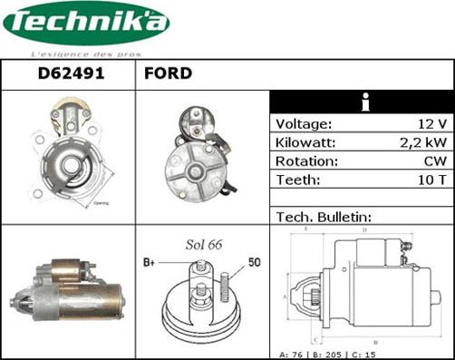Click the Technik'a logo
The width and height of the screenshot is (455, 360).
point(85,24)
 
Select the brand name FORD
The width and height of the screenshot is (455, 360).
point(168,73)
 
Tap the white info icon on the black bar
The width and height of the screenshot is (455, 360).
point(364,102)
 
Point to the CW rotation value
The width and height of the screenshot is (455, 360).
point(434,161)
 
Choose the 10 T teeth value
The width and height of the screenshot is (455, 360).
point(431,180)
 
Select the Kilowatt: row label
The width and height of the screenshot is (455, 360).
point(306,143)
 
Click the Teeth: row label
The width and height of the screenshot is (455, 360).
point(298,180)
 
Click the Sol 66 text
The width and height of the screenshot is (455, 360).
point(204,245)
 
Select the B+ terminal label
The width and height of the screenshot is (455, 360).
point(150,263)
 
